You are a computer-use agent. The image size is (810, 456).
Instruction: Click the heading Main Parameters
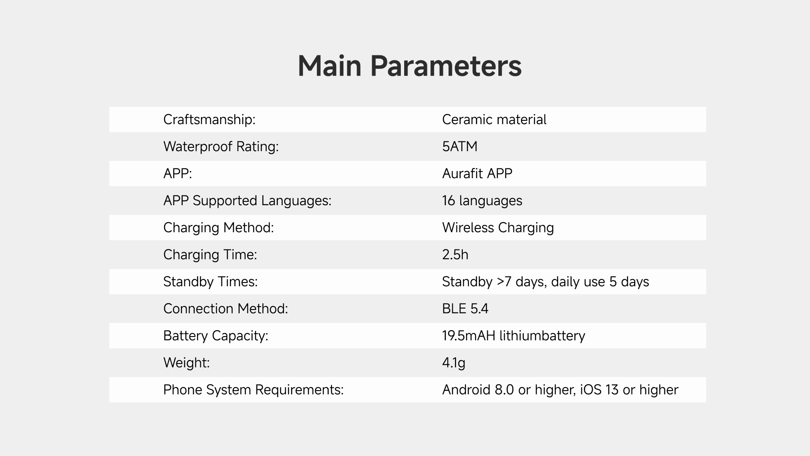[410, 66]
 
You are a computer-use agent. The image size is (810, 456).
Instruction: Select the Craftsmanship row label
[209, 119]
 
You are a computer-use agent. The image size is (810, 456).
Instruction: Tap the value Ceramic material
[494, 119]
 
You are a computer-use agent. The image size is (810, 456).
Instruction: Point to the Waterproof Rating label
[221, 147]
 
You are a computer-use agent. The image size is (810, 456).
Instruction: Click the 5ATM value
[460, 147]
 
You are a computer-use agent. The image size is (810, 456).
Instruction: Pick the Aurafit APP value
[477, 174]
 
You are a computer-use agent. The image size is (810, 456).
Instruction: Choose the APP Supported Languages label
[247, 201]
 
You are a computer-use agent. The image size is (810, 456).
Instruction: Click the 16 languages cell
[482, 201]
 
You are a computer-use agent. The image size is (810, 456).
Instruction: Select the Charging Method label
[219, 228]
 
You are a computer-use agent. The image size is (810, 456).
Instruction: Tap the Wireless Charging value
[498, 228]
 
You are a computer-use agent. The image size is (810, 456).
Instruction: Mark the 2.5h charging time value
[455, 255]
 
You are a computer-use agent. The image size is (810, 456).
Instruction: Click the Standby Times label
[211, 282]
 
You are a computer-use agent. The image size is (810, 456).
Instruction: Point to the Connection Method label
[226, 309]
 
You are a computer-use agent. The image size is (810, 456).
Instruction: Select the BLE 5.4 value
[465, 309]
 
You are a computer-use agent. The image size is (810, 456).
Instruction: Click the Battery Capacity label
[216, 336]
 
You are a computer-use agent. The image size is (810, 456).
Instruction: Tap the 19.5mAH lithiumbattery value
[513, 336]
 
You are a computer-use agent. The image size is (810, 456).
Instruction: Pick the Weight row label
[186, 363]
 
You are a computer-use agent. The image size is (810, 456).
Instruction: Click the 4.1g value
[454, 363]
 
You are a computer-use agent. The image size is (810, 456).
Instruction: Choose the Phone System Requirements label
[254, 390]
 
